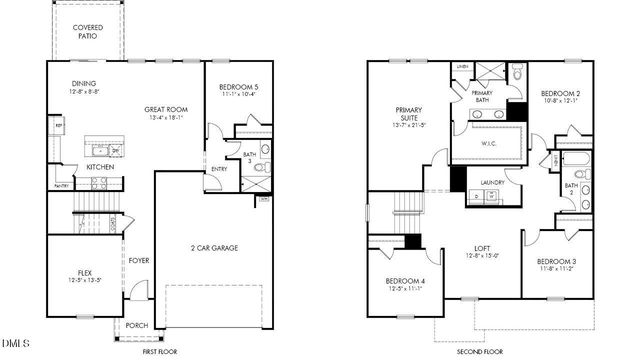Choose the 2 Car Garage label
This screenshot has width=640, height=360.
tap(214, 247)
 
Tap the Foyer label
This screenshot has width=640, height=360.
tap(138, 261)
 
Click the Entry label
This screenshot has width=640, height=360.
tap(219, 169)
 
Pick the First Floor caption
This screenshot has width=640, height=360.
tap(160, 351)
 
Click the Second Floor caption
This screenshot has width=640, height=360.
tap(479, 351)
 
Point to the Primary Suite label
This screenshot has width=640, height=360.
tap(410, 115)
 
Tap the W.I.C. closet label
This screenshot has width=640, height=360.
tap(490, 142)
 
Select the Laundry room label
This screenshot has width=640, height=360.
tap(492, 182)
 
